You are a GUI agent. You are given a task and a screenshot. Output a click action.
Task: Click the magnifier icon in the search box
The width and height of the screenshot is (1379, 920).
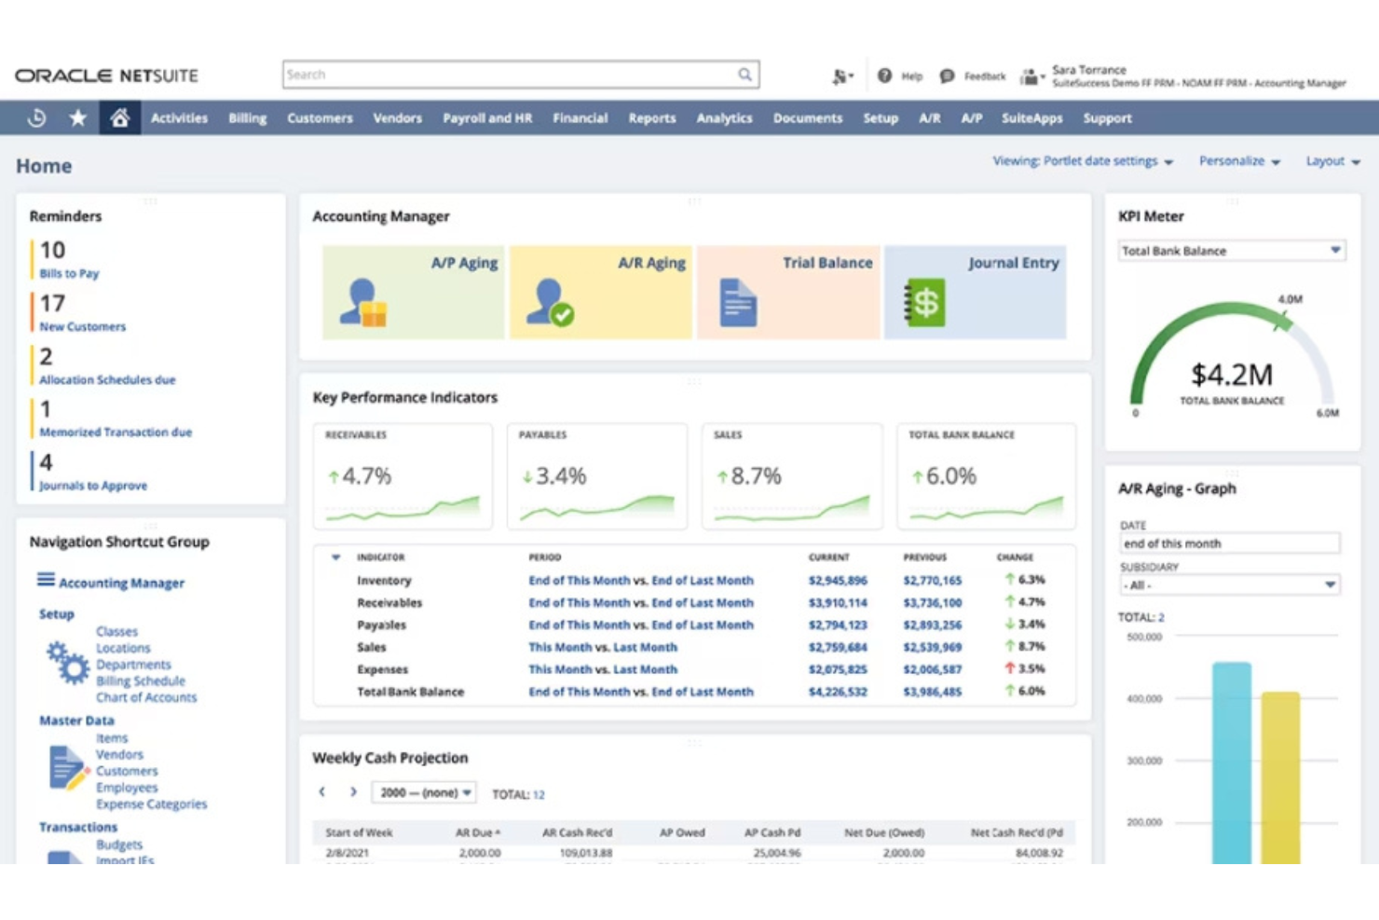coord(744,75)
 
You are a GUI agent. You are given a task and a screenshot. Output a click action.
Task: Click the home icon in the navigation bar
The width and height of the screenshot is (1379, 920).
coord(119,118)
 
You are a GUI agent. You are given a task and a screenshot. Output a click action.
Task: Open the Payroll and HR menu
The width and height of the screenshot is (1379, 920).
coord(486,118)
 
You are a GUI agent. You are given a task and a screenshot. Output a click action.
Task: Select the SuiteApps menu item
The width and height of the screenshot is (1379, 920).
coord(1031,118)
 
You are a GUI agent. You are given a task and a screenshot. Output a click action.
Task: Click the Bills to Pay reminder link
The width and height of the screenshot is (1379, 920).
coord(69,274)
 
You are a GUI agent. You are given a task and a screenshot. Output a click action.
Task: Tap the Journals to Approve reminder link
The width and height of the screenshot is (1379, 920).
coord(93,486)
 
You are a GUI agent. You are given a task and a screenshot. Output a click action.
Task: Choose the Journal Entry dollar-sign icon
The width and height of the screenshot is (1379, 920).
coord(924,303)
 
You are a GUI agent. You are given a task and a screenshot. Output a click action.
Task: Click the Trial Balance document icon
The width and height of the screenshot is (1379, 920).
coord(738,303)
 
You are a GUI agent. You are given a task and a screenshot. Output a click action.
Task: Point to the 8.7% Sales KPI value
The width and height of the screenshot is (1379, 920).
coord(755,476)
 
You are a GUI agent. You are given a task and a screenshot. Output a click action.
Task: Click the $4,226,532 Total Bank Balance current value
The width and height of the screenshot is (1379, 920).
coord(837,692)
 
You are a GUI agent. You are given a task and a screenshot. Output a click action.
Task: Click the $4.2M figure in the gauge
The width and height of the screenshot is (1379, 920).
coord(1231,375)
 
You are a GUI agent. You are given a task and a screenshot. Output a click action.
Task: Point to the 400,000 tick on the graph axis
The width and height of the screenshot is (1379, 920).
coord(1143,699)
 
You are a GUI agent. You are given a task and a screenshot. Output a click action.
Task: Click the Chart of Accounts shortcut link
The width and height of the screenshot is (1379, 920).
coord(146,698)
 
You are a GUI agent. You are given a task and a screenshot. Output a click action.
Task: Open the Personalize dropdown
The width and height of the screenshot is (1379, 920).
coord(1238,161)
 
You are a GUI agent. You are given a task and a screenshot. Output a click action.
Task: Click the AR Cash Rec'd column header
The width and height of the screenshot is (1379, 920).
coord(577,832)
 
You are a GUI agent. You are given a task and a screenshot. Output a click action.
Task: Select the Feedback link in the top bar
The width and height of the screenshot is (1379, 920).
coord(984,76)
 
